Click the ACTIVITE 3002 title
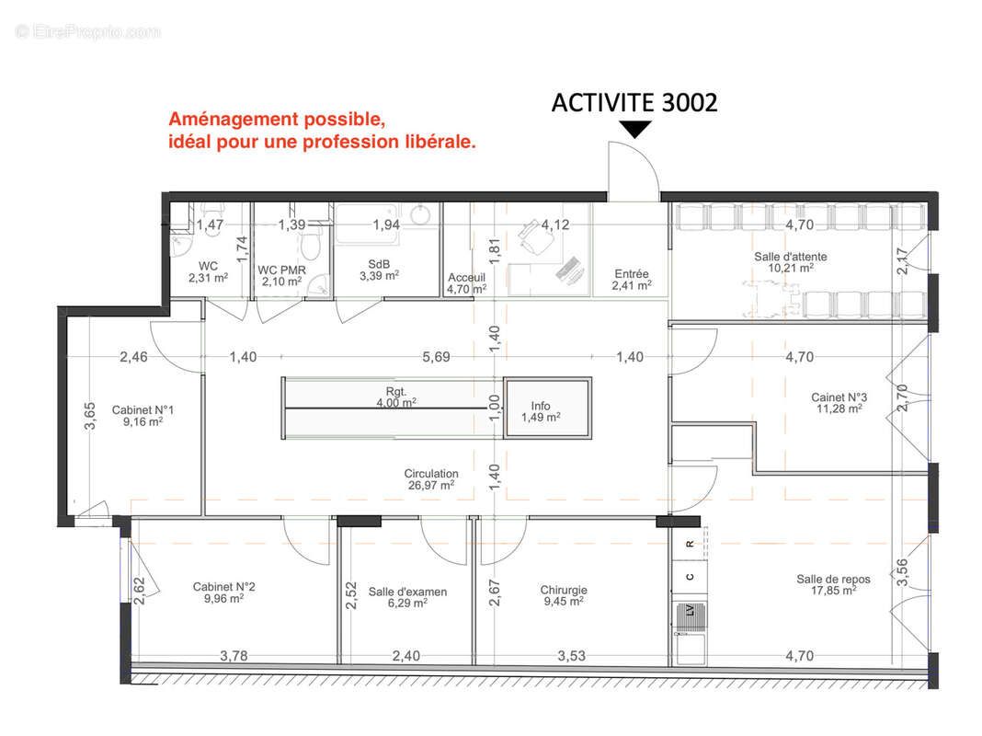[634, 103]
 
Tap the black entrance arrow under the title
[635, 130]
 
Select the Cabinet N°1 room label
[143, 416]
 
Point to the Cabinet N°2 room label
[223, 592]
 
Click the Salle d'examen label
[407, 597]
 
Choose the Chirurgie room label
[564, 595]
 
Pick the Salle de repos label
[833, 585]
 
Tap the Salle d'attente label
[791, 262]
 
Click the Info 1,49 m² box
[547, 408]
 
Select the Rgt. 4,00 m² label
[396, 397]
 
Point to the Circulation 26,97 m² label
[431, 479]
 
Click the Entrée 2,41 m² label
[632, 280]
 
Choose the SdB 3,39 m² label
[379, 270]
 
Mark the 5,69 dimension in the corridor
[436, 357]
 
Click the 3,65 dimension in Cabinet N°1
[90, 416]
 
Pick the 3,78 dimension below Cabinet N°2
[234, 656]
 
